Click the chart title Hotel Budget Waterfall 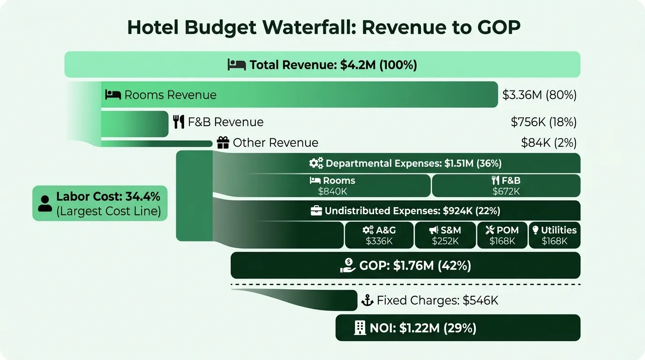pyautogui.click(x=323, y=28)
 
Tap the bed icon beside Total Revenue pyautogui.click(x=237, y=65)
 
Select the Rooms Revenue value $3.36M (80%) pyautogui.click(x=539, y=95)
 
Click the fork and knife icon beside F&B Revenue pyautogui.click(x=179, y=122)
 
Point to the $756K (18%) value pyautogui.click(x=543, y=122)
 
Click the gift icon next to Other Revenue pyautogui.click(x=223, y=142)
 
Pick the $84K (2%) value pyautogui.click(x=548, y=142)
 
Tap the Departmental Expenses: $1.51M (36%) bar pyautogui.click(x=405, y=164)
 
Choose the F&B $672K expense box pyautogui.click(x=506, y=186)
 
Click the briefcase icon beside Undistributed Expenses pyautogui.click(x=316, y=211)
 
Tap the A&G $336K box pyautogui.click(x=379, y=235)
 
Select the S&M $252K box pyautogui.click(x=445, y=235)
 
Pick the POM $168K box pyautogui.click(x=502, y=235)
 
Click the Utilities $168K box pyautogui.click(x=555, y=235)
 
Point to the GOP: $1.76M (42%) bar pyautogui.click(x=405, y=266)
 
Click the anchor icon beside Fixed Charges pyautogui.click(x=367, y=300)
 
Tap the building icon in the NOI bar pyautogui.click(x=360, y=328)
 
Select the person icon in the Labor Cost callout pyautogui.click(x=45, y=204)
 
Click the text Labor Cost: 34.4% pyautogui.click(x=108, y=197)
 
